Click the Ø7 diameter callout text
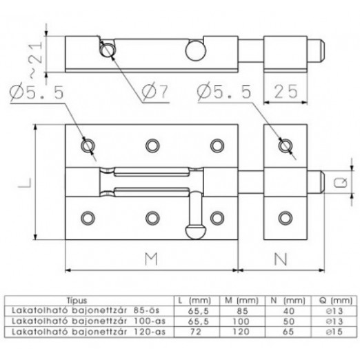(155, 91)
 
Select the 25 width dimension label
(286, 92)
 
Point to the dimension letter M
(151, 259)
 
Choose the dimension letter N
(281, 259)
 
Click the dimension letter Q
(341, 183)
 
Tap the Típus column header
(77, 301)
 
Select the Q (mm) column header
(336, 301)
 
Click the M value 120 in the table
(241, 332)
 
